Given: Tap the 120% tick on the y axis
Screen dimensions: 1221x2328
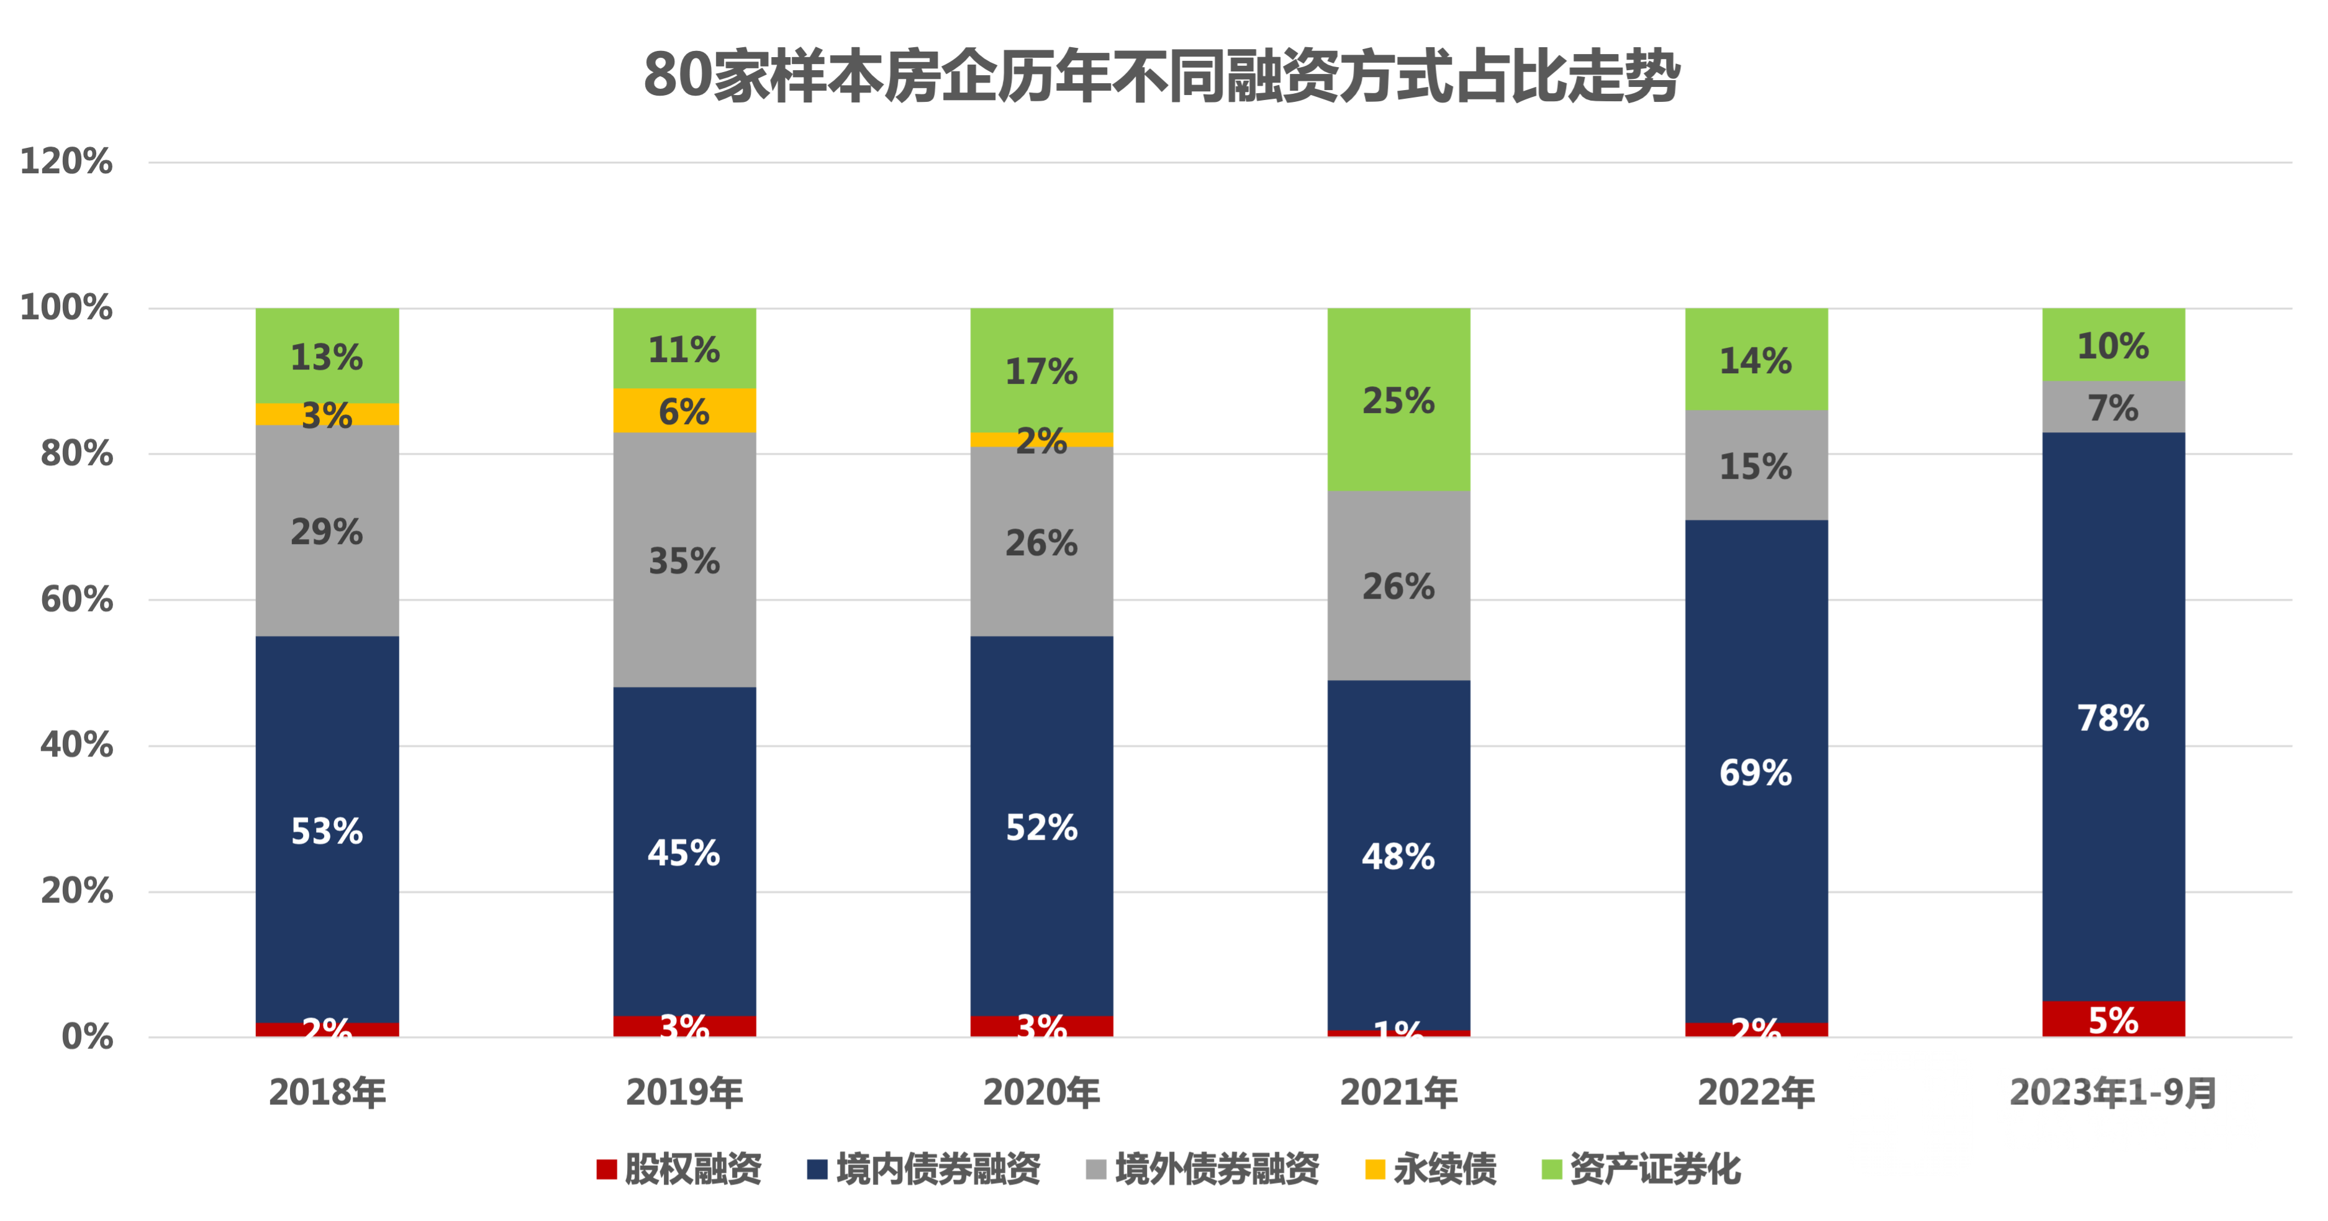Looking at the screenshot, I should (x=67, y=163).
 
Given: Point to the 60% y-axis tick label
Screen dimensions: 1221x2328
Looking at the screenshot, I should (x=77, y=600).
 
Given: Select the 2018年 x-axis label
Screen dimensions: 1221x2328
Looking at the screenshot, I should (x=327, y=1092).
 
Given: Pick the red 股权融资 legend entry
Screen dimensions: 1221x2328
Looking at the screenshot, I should (x=679, y=1169).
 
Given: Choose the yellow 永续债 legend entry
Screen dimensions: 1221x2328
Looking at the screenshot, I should (x=1431, y=1169).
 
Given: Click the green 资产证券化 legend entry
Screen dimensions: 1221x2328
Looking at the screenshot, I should (x=1640, y=1169).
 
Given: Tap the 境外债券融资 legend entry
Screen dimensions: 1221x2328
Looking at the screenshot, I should (x=1203, y=1169).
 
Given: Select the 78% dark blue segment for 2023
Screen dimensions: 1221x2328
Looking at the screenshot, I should (x=2113, y=717).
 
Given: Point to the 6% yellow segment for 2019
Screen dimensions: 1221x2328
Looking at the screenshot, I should (x=684, y=411).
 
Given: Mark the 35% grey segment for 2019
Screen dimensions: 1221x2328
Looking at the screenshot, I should (x=684, y=560).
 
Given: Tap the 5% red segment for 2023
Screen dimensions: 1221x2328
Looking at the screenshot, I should (x=2113, y=1019).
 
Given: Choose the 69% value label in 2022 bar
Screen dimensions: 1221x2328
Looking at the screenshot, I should (x=1755, y=773).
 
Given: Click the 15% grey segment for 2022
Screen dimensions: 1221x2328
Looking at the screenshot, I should (x=1755, y=465).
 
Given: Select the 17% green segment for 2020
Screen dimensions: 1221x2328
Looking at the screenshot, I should (x=1041, y=371).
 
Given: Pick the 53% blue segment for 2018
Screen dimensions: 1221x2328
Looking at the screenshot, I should (x=327, y=830).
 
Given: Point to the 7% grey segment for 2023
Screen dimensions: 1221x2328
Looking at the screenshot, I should (x=2113, y=407).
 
